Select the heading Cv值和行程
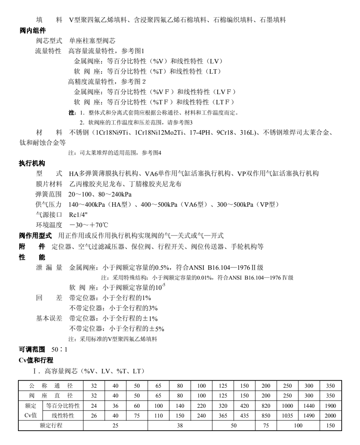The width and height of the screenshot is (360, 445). click(x=36, y=360)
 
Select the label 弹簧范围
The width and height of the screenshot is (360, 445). click(x=49, y=194)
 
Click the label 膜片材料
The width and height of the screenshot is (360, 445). click(x=49, y=183)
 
